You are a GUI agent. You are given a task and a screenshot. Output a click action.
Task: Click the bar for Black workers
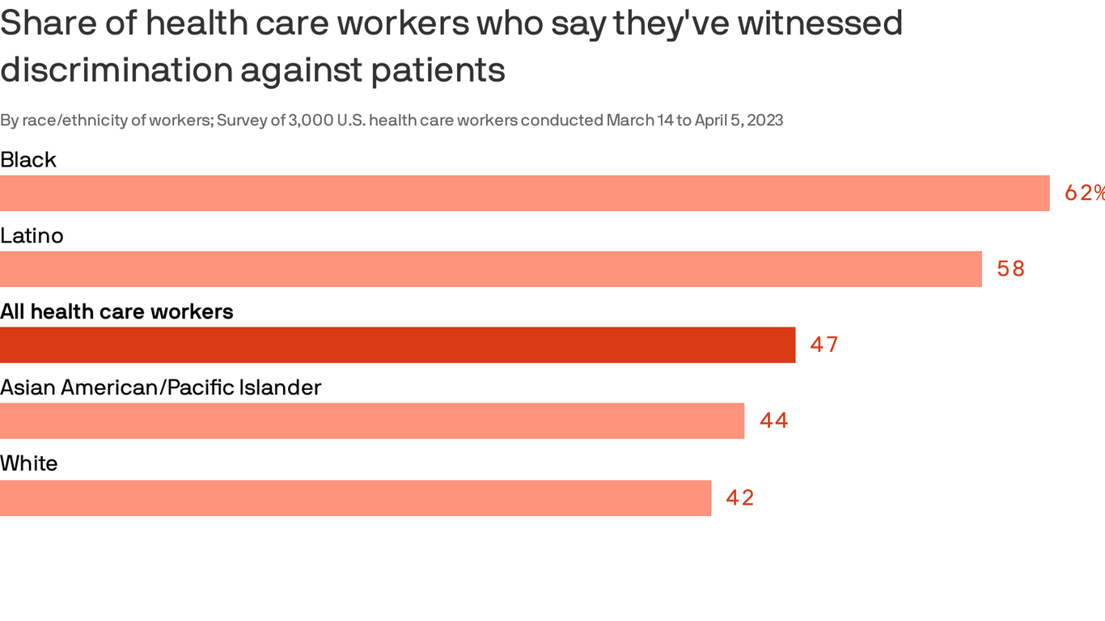click(x=524, y=193)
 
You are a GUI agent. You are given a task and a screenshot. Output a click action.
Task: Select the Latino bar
click(x=490, y=269)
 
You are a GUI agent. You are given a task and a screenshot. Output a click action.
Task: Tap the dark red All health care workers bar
click(x=397, y=345)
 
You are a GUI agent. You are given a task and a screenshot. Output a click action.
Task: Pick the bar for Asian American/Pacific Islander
click(x=372, y=421)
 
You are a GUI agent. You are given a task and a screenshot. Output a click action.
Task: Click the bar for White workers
click(x=355, y=498)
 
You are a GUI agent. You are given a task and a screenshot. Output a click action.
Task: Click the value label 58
click(x=1010, y=269)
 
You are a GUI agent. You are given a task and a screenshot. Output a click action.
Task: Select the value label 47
click(x=824, y=345)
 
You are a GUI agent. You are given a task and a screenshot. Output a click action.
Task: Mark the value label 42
click(x=740, y=498)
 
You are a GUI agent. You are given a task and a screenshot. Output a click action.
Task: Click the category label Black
click(x=28, y=160)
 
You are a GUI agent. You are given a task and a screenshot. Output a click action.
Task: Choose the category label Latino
click(x=32, y=236)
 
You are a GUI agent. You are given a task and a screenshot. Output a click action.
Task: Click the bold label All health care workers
click(x=116, y=312)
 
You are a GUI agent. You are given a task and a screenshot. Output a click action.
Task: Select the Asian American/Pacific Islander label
click(x=161, y=388)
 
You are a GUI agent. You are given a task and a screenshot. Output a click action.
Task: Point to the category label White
click(x=29, y=464)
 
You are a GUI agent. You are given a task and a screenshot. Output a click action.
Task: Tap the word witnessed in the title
click(x=819, y=23)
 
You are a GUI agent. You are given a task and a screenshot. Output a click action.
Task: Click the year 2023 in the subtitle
click(x=764, y=120)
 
